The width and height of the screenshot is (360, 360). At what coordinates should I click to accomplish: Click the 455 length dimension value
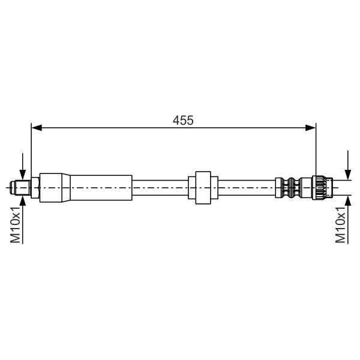pyautogui.click(x=183, y=121)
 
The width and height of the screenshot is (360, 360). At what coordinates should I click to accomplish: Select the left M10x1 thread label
pyautogui.click(x=16, y=224)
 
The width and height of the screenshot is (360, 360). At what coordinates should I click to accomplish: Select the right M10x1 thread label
pyautogui.click(x=340, y=224)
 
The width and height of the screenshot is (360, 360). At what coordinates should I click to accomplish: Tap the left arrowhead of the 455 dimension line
pyautogui.click(x=37, y=128)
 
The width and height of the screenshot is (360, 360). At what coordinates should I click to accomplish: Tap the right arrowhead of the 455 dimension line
pyautogui.click(x=310, y=128)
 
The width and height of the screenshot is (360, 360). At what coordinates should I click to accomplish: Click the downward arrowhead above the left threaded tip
pyautogui.click(x=23, y=175)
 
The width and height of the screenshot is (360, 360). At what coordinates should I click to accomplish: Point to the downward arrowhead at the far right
pyautogui.click(x=348, y=175)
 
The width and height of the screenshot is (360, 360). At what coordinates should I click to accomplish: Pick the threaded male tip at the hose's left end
pyautogui.click(x=20, y=188)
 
